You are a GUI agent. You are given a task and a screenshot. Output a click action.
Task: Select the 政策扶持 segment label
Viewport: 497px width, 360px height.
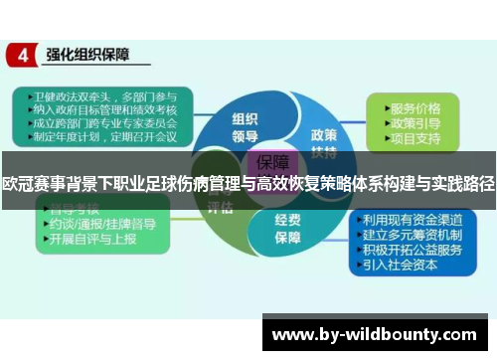324,142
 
